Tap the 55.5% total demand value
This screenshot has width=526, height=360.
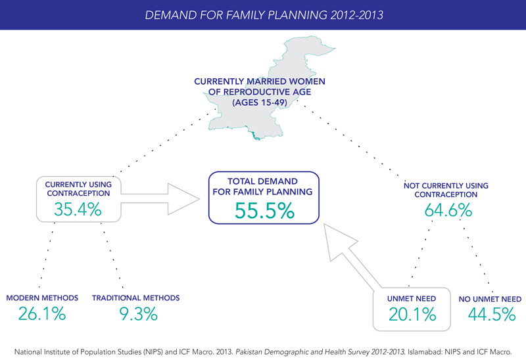coord(262,212)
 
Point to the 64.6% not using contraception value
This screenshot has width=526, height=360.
coord(446,211)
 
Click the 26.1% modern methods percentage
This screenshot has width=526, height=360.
coord(41,314)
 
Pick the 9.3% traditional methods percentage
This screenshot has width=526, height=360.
coord(135,314)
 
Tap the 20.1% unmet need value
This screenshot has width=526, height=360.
coord(413,314)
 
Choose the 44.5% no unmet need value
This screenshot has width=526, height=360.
coord(491,314)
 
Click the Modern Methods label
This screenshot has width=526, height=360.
coord(41,298)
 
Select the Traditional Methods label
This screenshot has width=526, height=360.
coord(135,298)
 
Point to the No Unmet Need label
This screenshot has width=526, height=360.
coord(490,298)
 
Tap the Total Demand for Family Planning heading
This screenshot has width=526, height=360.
coord(262,186)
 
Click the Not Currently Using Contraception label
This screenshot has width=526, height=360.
coord(446,191)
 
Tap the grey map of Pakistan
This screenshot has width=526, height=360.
coord(289,59)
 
